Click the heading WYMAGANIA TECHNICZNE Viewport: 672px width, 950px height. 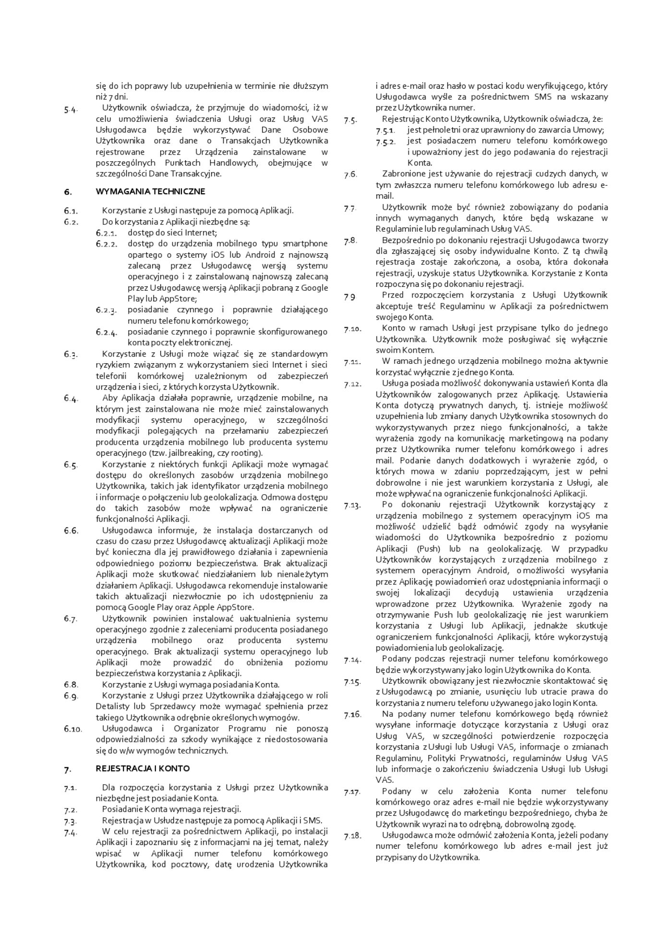pos(150,191)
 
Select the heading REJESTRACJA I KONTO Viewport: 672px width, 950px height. pos(143,768)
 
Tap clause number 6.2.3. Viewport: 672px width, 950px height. pos(106,310)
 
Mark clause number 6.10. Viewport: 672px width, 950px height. pos(72,729)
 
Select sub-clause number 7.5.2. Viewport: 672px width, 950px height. pos(385,142)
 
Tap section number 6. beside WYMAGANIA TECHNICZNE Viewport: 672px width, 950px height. pos(68,192)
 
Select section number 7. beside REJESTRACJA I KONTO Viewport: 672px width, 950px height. pos(67,769)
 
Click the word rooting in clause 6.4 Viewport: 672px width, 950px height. pos(248,453)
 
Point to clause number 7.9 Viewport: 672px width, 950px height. pos(350,297)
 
